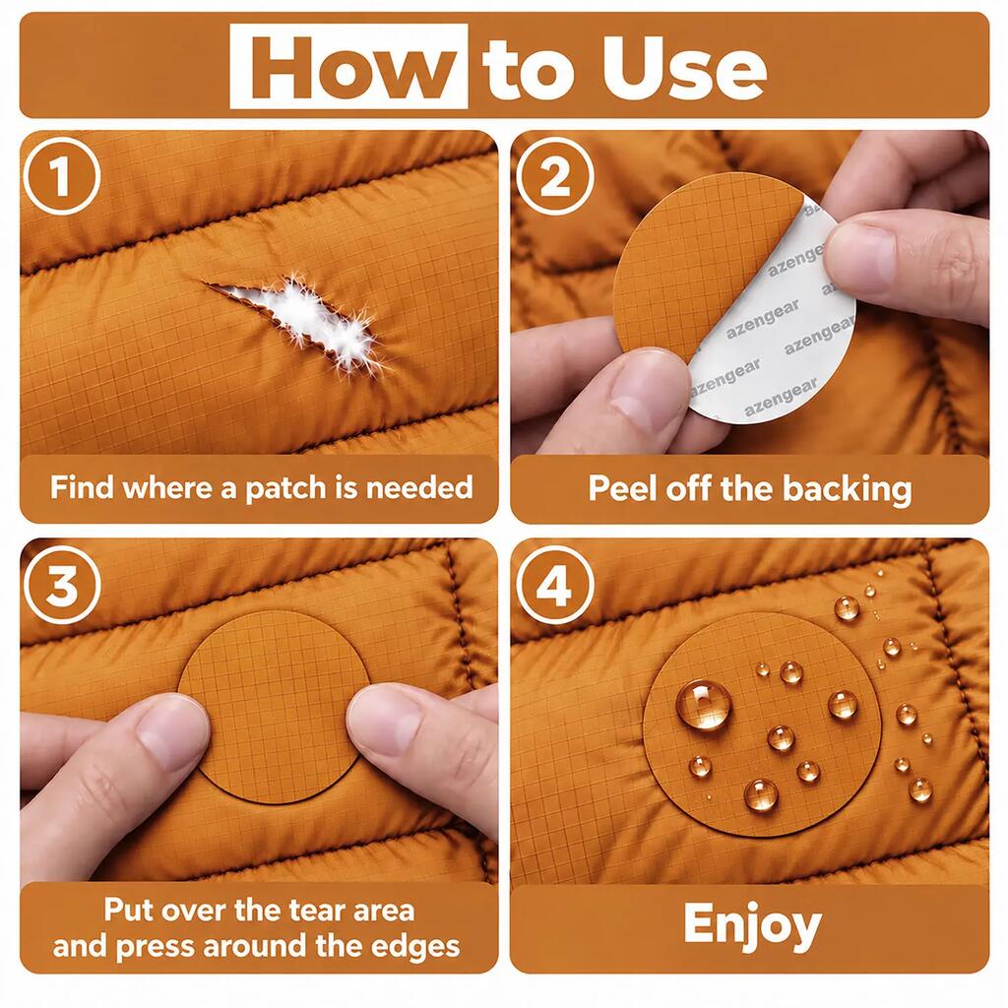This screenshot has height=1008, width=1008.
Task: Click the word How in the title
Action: tap(348, 68)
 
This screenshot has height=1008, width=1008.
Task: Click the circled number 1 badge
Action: tap(62, 175)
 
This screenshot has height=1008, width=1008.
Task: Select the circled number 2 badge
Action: tap(554, 175)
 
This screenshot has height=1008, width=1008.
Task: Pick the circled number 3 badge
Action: tap(62, 585)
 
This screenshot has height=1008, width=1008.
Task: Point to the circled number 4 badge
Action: tap(554, 585)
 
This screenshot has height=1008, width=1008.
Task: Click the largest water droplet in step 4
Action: tap(704, 705)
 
